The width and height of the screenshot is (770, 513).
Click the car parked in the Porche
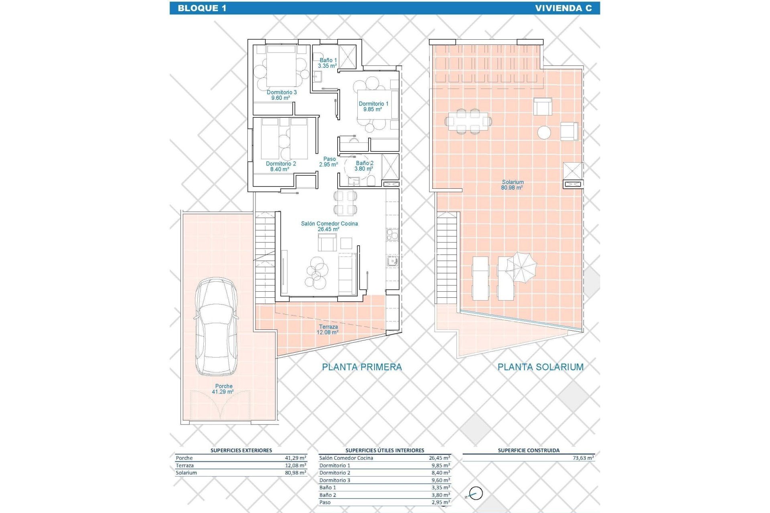tap(216, 327)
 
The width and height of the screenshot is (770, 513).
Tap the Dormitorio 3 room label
tap(282, 95)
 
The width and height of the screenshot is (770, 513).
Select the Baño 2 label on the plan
tap(364, 166)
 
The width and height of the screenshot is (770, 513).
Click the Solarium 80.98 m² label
tap(512, 185)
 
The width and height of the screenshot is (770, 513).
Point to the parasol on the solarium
tap(521, 267)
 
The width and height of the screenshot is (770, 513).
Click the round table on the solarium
tap(544, 133)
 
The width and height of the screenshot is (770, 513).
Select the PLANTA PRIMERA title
tap(362, 367)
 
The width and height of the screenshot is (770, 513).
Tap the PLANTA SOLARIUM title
tap(540, 367)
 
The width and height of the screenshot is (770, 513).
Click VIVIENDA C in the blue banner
tap(563, 8)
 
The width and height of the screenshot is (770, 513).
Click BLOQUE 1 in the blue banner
tap(202, 8)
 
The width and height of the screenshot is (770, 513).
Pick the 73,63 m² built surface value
tap(583, 458)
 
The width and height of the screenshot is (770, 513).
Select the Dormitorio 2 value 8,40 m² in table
tap(440, 473)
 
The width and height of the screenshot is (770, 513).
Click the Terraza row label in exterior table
tap(184, 466)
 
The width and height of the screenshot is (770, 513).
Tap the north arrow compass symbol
tap(476, 494)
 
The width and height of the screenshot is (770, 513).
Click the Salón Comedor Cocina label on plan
tap(329, 226)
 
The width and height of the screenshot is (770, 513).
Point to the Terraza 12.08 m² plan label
tap(328, 329)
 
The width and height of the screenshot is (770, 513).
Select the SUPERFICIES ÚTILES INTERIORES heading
tap(385, 450)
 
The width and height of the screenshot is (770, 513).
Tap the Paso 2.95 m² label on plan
tap(329, 162)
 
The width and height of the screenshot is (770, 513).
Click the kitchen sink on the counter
tap(392, 261)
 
